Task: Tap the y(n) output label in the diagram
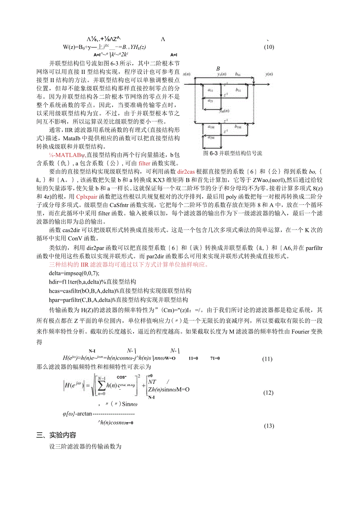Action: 269,74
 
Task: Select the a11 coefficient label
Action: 211,90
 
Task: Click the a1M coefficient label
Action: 211,127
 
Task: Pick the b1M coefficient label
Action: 238,127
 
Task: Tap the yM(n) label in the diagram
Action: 224,111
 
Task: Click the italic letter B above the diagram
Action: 218,69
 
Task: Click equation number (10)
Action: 269,47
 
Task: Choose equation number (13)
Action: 269,426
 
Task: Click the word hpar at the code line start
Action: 55,300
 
